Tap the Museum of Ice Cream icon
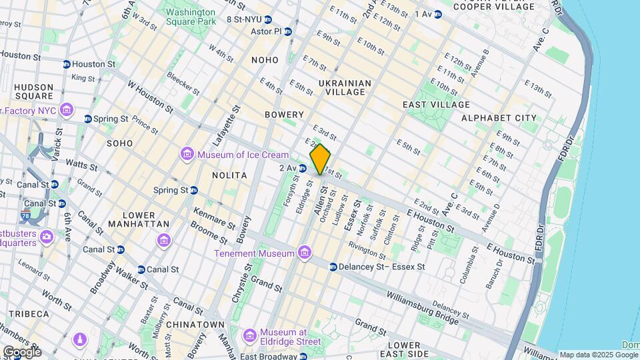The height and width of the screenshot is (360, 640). (187, 155)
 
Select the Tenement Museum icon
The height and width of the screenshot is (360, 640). (305, 253)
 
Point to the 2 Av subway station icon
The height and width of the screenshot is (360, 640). (303, 168)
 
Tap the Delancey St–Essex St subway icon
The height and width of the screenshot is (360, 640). (333, 267)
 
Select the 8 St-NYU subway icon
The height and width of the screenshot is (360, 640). (267, 19)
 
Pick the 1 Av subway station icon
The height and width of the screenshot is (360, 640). (437, 14)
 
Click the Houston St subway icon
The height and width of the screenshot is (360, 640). (67, 64)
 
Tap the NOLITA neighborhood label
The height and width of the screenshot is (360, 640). (229, 175)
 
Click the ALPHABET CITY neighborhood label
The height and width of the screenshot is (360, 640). (499, 118)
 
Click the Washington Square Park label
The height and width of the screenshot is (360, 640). (191, 17)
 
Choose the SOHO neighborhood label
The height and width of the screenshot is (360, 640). (121, 143)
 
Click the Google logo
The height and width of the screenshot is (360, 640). (21, 351)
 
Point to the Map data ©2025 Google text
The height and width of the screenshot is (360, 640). (589, 355)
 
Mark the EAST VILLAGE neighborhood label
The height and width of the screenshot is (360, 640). (436, 105)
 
